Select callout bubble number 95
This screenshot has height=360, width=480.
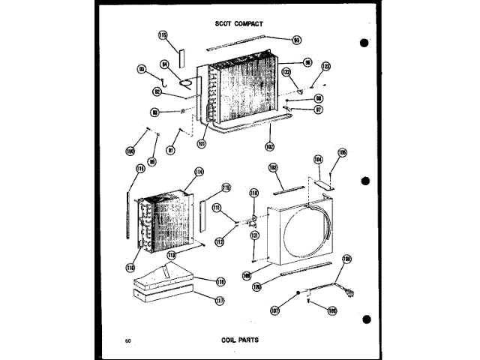pos(296,40)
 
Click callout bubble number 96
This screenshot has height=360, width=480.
pos(307,62)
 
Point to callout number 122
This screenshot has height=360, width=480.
pos(286,72)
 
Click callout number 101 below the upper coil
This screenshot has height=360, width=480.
pos(201,144)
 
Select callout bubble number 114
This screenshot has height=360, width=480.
pos(199,172)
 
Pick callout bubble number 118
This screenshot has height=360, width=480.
pos(221,281)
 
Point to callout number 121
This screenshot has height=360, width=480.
pos(254,235)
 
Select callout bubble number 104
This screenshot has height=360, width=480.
pos(317,160)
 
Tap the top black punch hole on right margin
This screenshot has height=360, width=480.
pos(364,42)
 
